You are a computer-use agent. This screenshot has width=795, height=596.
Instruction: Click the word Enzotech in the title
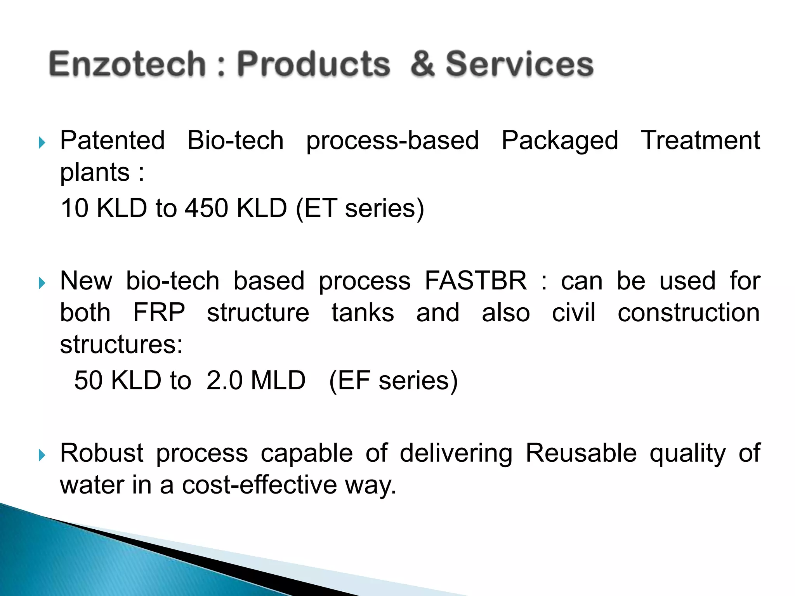(127, 64)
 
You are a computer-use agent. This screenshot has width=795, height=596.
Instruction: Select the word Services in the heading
(519, 64)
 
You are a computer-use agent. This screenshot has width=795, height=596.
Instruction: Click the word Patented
(113, 140)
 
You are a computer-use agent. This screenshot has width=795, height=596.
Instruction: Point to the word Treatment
(700, 140)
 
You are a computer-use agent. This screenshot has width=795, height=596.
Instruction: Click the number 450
(206, 208)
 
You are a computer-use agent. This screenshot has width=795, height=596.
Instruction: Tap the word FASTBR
(476, 281)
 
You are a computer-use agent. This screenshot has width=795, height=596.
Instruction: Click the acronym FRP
(159, 313)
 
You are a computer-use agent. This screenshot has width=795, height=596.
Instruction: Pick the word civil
(573, 313)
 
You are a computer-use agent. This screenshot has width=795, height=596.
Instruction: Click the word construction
(689, 313)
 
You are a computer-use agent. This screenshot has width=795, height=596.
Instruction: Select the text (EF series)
(393, 381)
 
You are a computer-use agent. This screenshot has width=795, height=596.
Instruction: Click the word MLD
(278, 380)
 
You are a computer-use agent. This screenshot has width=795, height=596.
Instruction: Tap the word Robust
(102, 453)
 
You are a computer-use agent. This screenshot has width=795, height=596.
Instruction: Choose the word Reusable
(581, 453)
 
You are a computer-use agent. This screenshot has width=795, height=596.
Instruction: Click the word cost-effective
(260, 485)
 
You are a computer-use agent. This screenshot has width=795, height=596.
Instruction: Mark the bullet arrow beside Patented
(42, 143)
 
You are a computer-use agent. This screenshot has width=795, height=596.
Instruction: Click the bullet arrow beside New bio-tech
(42, 283)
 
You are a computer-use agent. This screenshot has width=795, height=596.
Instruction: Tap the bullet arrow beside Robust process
(42, 456)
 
